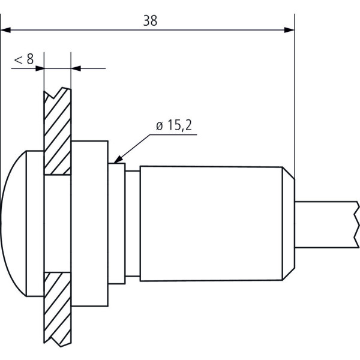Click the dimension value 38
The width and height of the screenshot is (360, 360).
[x=150, y=20]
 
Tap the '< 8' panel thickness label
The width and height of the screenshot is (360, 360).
[x=24, y=59]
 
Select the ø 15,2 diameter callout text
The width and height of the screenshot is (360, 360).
[x=174, y=125]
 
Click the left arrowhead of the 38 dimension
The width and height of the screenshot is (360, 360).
[x=5, y=30]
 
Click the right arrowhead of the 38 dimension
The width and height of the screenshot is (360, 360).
[x=289, y=30]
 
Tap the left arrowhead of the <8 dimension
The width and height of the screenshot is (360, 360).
[x=40, y=68]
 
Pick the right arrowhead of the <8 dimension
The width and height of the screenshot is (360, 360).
[x=76, y=68]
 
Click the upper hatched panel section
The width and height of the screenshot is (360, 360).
[x=58, y=131]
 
